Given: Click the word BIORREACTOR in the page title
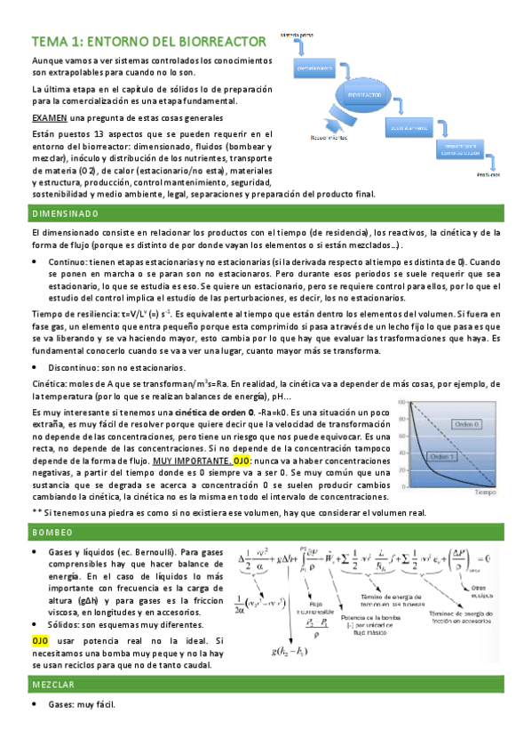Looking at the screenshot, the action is point(223,41).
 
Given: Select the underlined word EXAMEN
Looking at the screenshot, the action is point(47,118).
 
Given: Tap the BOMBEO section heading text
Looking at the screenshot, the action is point(52,531).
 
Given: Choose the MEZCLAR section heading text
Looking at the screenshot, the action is point(54,686).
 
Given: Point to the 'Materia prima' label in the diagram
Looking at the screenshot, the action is point(298,34).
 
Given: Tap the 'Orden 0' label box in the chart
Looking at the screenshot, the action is point(467,423).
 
